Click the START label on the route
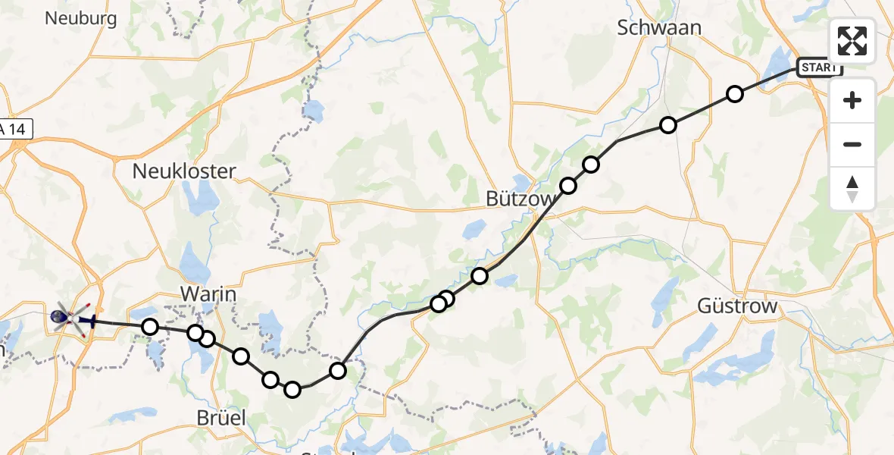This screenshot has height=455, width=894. coord(819,67)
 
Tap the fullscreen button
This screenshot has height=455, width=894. coord(852,41)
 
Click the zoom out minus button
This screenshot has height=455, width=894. coord(852,144)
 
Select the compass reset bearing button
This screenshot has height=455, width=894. coord(852,188)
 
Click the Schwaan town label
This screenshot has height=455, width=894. coord(659,27)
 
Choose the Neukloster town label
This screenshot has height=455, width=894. coord(184,171)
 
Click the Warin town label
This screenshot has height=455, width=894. coord(208,293)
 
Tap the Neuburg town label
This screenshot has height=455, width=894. coord(81,18)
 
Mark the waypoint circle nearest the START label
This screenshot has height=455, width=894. coord(734,94)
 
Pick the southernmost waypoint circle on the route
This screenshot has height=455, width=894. coord(292,390)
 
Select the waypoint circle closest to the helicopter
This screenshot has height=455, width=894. coord(150,327)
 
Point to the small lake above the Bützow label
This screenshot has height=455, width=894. coord(521,183)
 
